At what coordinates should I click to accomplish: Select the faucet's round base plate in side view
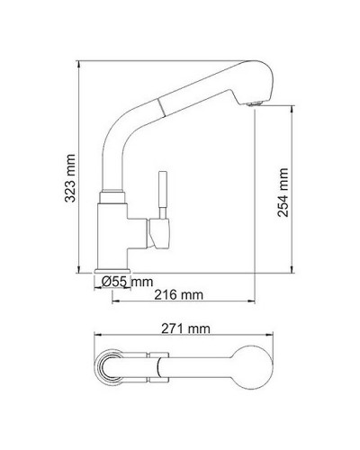pyautogui.click(x=115, y=271)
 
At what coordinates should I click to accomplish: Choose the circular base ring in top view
pyautogui.click(x=114, y=366)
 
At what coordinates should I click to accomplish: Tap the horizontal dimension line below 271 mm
pyautogui.click(x=180, y=338)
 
